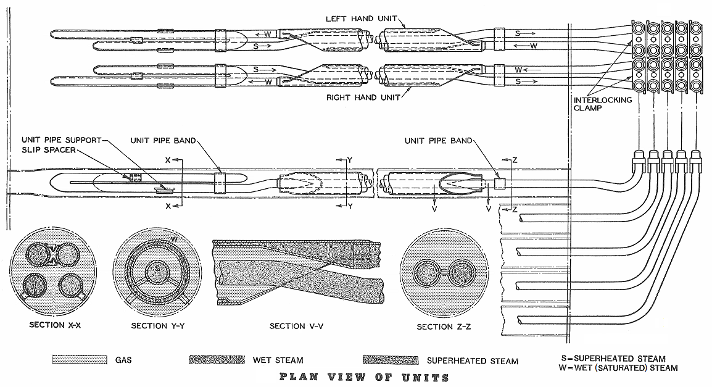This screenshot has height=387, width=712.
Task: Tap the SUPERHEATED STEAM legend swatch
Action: (387, 360)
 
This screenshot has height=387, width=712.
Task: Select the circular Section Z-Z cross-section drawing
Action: (442, 273)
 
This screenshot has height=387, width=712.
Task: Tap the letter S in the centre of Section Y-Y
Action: (157, 269)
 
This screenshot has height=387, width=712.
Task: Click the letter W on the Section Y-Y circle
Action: (174, 239)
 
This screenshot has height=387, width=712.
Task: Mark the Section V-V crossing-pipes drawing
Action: (296, 273)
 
